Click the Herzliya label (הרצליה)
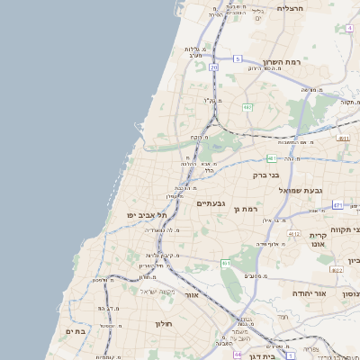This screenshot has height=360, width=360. [x=292, y=8]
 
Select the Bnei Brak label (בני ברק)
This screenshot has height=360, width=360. [x=268, y=175]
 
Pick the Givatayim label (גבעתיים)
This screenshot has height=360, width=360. [x=215, y=203]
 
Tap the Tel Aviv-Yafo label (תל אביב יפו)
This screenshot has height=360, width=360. [x=149, y=215]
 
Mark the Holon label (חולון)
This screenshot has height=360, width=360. [x=163, y=323]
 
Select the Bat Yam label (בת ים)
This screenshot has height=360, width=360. [x=75, y=331]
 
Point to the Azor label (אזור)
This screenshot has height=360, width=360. [x=191, y=295]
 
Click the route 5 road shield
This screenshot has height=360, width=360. [x=238, y=58]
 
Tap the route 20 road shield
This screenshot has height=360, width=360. [x=213, y=67]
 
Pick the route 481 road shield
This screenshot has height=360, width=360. [x=271, y=158]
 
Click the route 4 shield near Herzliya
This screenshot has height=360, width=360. [x=348, y=28]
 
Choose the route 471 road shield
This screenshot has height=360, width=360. [x=337, y=205]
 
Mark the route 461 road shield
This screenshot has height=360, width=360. [x=226, y=263]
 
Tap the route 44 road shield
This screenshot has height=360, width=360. [x=237, y=355]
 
